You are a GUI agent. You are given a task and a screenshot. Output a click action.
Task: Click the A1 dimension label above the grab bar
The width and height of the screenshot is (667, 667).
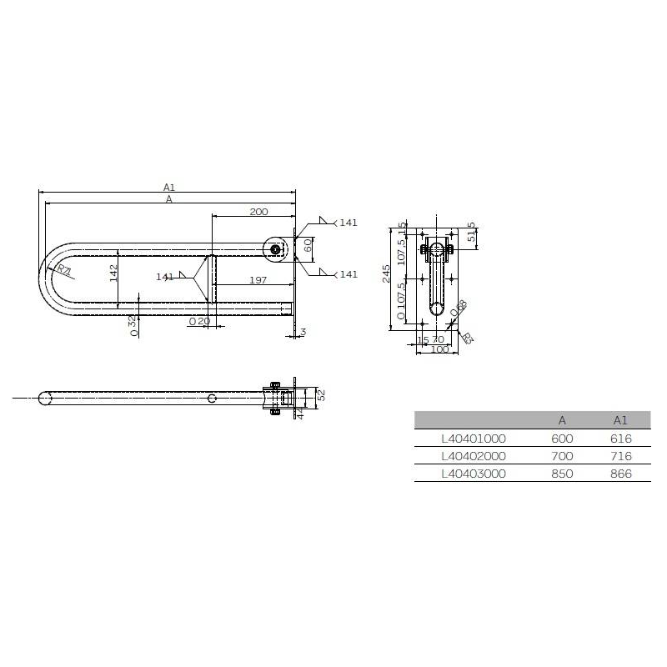pos(168,188)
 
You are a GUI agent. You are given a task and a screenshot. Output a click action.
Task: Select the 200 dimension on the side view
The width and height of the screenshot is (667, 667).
pos(258,212)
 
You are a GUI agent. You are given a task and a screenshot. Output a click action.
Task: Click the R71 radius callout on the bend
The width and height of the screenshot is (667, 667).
pos(64,268)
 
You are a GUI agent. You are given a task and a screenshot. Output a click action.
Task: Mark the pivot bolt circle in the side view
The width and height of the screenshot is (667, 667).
pos(274,248)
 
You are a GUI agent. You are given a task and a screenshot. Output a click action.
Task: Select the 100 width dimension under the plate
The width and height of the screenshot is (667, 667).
pos(439,349)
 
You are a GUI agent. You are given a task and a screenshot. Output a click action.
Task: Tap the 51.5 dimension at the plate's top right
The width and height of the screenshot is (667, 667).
pos(473,233)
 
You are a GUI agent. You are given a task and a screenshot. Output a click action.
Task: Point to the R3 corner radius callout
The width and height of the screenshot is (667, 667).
pos(467,338)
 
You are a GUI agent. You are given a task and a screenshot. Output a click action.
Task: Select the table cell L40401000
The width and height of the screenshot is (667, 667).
pos(474,439)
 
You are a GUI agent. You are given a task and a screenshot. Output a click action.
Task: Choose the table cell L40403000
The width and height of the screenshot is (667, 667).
pos(474,474)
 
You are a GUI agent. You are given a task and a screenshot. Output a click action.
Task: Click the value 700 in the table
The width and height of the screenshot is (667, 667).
pos(562,456)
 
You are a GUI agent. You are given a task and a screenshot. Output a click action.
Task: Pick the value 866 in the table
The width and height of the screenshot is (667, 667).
pos(620,474)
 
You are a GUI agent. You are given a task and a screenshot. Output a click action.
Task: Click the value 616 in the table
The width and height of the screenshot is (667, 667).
pos(620,439)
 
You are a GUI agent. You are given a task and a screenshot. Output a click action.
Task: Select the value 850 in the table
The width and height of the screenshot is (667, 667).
pos(562,474)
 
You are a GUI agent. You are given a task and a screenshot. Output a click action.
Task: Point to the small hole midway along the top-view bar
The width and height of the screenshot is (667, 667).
pos(213,399)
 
